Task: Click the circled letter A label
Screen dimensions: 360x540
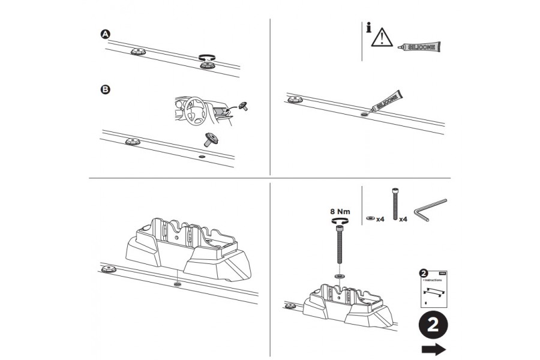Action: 105,35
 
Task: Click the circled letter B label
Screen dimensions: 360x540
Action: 105,89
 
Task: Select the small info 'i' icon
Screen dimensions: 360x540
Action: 367,28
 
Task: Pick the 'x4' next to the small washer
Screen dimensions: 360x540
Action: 380,220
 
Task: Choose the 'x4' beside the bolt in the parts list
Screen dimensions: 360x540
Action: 404,220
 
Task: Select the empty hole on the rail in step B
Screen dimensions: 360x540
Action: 201,157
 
